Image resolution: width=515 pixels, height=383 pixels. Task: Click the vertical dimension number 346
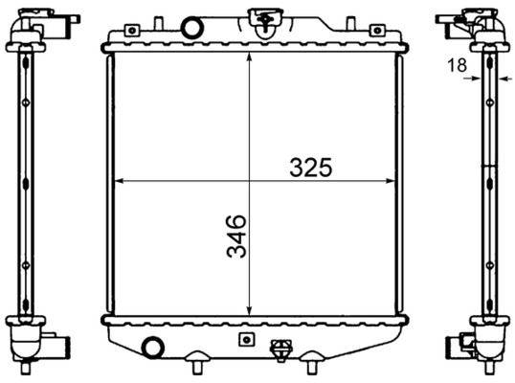tap(235, 237)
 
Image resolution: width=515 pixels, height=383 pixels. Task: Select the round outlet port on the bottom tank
tap(151, 348)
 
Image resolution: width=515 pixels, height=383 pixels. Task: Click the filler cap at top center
tap(259, 18)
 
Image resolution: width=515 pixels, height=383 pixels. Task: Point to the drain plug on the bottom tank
tap(280, 350)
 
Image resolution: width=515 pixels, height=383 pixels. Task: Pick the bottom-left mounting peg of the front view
tap(196, 365)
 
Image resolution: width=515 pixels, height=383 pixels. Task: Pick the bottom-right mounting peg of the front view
tap(312, 365)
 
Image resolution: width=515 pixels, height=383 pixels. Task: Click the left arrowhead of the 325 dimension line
tap(118, 180)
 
